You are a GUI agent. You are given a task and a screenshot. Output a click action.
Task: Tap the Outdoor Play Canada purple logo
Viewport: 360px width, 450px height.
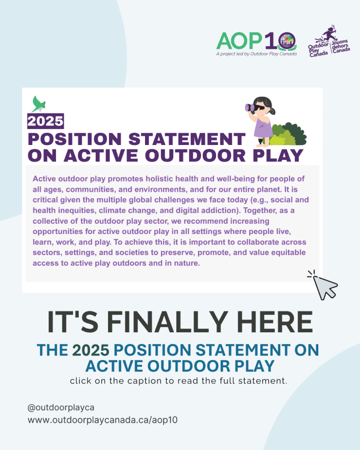coord(329,41)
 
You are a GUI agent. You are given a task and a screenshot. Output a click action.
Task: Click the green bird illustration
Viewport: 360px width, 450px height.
coord(39,103)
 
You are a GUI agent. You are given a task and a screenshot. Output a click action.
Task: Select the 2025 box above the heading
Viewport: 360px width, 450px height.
coord(45,121)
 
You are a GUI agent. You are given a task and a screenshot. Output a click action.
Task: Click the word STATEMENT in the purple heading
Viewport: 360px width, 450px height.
coord(187,139)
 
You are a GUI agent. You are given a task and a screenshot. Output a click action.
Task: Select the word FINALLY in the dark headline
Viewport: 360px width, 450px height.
coord(169,322)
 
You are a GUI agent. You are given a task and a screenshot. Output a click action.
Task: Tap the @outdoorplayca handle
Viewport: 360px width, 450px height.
coord(61,407)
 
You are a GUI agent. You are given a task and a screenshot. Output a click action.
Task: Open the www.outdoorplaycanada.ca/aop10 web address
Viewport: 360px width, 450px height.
coord(102,420)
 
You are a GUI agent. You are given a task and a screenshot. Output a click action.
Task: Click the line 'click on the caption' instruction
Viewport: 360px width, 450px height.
coord(178,381)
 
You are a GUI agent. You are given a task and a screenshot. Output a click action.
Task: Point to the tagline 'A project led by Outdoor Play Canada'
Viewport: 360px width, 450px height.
coord(256,54)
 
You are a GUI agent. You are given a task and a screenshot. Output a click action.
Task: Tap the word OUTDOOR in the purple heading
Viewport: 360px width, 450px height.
coord(195,155)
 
